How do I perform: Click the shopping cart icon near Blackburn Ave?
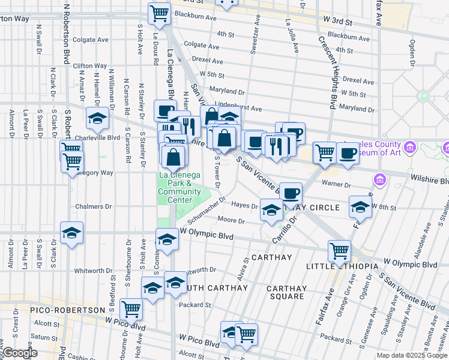tap(159, 13)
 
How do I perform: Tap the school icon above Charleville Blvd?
tap(97, 118)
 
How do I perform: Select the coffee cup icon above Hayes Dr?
tap(291, 193)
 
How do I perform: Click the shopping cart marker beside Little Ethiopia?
tap(339, 250)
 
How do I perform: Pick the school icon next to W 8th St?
tap(360, 206)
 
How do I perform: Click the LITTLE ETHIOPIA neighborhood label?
tap(342, 266)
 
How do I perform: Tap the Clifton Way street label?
tap(89, 65)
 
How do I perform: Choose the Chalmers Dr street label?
tap(93, 206)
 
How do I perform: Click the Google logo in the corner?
tap(19, 353)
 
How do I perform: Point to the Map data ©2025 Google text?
tap(412, 355)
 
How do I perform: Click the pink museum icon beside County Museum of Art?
tap(411, 147)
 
